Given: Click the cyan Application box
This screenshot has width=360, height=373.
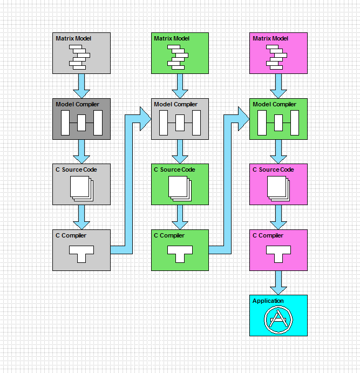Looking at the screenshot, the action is [279, 315].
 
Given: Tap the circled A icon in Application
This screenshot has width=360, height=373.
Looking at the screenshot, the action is [279, 320].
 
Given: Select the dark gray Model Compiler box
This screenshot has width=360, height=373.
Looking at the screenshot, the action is [81, 119].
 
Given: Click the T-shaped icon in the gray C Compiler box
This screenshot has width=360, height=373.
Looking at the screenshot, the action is [81, 254].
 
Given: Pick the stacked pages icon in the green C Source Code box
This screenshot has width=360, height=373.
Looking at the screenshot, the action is [180, 188].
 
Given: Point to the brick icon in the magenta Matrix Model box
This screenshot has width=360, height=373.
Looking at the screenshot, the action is [276, 57].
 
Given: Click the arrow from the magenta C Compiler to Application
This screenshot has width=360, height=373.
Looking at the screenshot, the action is [279, 283].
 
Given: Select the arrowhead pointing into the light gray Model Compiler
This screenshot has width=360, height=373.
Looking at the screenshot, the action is [146, 119].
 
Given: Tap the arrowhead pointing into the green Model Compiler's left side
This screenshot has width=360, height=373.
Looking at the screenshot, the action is [244, 119].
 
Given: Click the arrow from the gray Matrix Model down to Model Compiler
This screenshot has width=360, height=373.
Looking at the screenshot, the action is [81, 86].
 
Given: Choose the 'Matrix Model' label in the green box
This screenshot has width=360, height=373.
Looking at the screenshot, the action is [172, 38].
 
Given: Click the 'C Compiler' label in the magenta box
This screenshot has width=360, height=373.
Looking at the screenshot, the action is [268, 235].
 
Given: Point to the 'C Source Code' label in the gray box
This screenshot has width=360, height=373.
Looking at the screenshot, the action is [76, 169].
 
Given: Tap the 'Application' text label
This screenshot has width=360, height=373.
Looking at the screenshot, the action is [268, 301].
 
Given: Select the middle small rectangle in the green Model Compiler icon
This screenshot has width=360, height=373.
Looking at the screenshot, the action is [279, 123].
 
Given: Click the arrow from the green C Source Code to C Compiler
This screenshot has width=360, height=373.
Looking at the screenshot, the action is [180, 217].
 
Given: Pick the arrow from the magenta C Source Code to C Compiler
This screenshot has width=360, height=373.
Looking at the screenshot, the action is [279, 217].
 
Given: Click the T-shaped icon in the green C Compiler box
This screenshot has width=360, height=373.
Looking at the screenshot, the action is [180, 254].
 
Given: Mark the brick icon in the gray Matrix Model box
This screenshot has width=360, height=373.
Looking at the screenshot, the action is [80, 57].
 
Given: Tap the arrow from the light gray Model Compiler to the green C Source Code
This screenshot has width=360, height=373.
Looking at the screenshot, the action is [180, 152].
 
